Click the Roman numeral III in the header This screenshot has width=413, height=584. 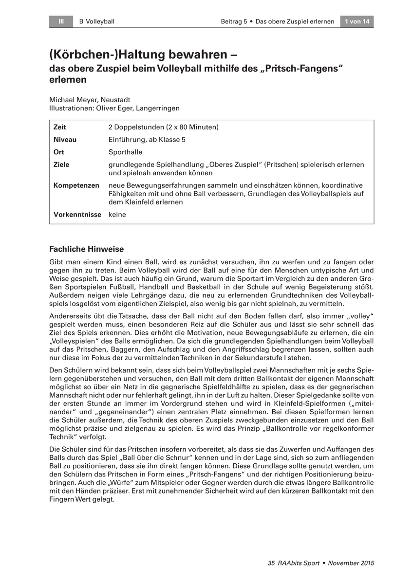click(61, 21)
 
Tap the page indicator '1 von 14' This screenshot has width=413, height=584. click(357, 21)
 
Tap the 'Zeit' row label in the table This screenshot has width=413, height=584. click(60, 127)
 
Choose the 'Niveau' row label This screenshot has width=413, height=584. click(65, 140)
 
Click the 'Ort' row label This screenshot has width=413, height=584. click(58, 152)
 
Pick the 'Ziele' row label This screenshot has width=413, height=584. click(61, 164)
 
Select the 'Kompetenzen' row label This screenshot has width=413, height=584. click(76, 185)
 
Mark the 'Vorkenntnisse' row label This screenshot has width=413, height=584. click(77, 214)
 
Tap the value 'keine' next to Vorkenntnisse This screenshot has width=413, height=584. click(117, 214)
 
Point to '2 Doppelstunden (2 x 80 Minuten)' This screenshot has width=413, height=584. click(163, 127)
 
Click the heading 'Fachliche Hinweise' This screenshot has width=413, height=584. click(86, 249)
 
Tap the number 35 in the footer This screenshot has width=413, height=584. click(272, 563)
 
